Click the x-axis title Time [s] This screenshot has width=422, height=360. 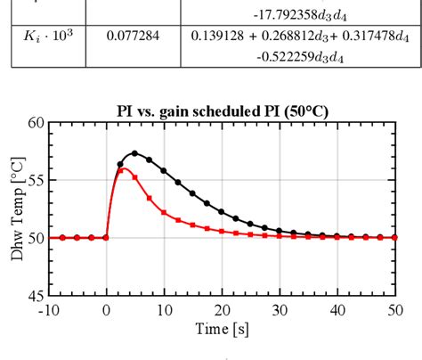(223, 330)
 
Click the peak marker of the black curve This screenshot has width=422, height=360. (135, 153)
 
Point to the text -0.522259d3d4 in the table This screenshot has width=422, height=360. (280, 56)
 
